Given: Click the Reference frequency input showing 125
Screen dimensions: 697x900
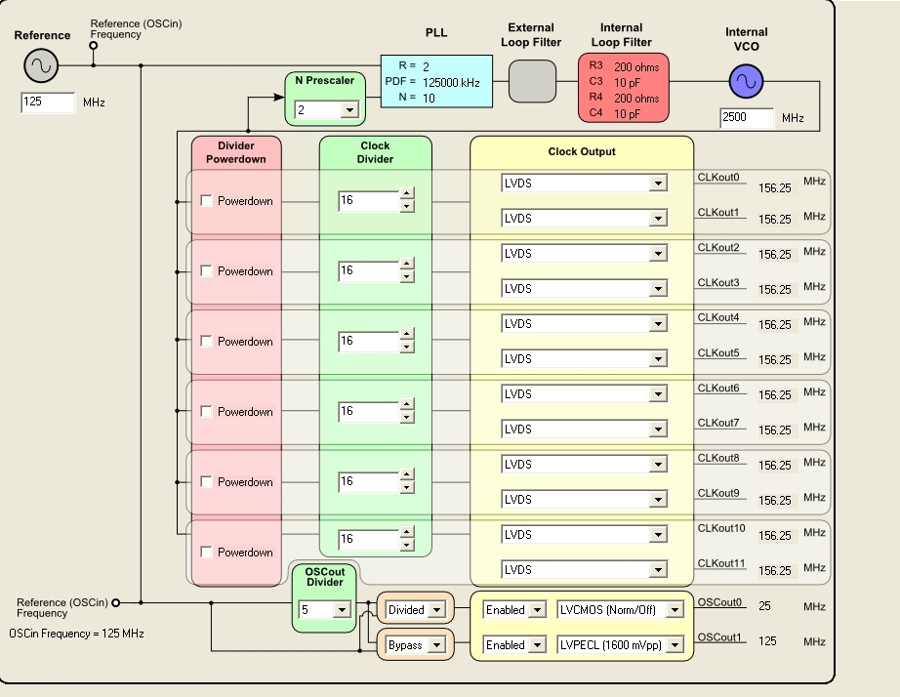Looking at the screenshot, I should [x=48, y=102].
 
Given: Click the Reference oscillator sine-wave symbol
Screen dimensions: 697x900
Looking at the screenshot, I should [x=41, y=65].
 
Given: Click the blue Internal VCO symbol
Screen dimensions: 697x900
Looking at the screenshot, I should [x=746, y=83].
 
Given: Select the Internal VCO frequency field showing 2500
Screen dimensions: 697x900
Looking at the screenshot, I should [x=747, y=118].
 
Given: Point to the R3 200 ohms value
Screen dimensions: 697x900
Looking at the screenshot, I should [x=636, y=67].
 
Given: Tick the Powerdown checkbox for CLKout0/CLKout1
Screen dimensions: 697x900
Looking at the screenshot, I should [x=207, y=201].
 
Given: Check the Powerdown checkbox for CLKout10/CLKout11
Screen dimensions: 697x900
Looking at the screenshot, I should [x=207, y=553].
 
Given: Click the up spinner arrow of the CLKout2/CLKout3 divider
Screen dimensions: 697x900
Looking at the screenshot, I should [x=407, y=265].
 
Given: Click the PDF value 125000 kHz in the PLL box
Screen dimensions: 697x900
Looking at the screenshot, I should [x=451, y=83].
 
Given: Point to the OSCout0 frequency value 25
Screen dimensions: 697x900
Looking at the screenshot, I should [x=764, y=606].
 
